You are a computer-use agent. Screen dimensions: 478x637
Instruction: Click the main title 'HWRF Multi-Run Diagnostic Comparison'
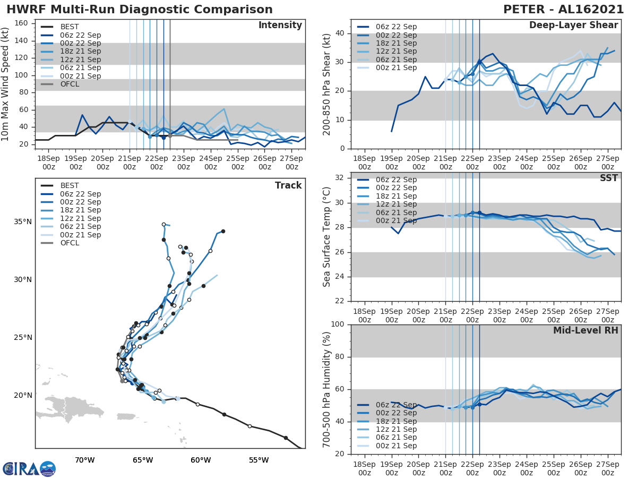140,10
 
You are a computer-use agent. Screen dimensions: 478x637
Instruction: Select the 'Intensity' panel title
280,25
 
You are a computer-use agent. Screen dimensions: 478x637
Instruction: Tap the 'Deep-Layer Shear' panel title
573,25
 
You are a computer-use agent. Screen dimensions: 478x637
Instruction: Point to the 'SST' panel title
609,178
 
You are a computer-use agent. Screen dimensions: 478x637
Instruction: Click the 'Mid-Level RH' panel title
586,330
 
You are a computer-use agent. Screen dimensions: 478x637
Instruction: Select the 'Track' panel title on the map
288,185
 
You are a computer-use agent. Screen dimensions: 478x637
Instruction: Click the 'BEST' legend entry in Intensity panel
70,27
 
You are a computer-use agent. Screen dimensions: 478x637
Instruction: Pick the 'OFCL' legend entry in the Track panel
70,243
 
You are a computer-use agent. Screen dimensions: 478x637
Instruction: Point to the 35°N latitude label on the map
22,221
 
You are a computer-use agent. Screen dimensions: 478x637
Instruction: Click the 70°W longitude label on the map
84,460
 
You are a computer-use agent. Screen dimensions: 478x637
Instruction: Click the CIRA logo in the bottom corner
29,468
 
